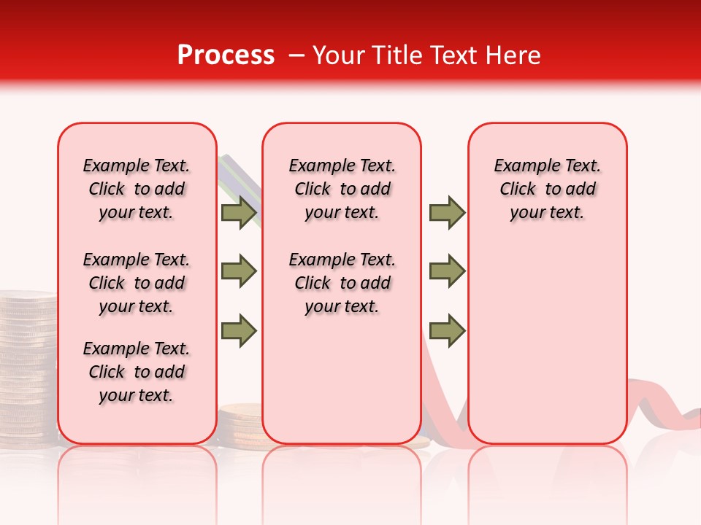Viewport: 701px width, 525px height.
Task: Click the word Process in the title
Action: point(226,55)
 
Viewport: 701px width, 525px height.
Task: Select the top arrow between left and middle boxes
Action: point(238,213)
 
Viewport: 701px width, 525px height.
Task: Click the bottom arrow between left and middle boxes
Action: point(238,330)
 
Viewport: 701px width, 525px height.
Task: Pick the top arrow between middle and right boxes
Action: point(447,213)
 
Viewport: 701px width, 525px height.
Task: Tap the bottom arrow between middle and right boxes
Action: point(447,330)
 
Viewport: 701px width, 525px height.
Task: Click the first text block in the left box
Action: point(137,189)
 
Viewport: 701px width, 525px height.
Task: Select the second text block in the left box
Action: point(137,283)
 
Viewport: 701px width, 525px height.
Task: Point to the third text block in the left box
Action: point(137,372)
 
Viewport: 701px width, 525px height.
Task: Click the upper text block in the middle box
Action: point(342,189)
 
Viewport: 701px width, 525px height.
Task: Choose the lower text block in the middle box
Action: point(342,283)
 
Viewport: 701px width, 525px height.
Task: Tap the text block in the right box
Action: point(547,189)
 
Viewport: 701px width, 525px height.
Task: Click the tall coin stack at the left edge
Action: point(27,365)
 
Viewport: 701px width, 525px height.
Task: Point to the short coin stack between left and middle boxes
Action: point(240,423)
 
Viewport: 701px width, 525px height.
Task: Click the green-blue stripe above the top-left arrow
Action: point(235,175)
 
